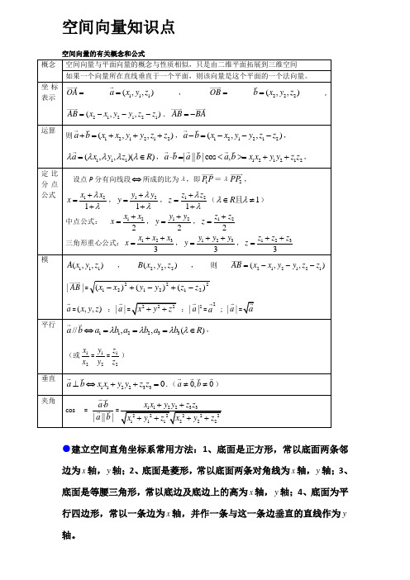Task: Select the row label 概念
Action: [x=47, y=64]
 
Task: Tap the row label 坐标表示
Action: [x=47, y=91]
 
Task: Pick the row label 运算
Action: [x=47, y=131]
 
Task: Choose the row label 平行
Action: [x=47, y=325]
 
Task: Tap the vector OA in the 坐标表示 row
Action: [x=73, y=91]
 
